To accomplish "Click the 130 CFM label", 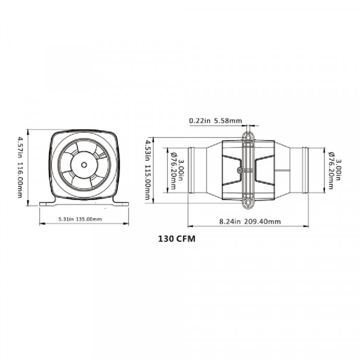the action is click(177, 239).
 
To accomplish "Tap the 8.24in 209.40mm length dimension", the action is click(250, 222).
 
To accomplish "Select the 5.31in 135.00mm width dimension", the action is click(80, 219).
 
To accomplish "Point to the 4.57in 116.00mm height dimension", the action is click(21, 167).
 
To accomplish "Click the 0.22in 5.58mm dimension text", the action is click(216, 120).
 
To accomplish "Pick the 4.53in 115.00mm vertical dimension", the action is click(147, 170).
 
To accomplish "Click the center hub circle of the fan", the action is click(84, 165).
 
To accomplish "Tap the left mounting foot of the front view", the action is click(48, 203).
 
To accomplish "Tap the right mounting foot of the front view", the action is click(121, 203).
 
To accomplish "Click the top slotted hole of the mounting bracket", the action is click(248, 137).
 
